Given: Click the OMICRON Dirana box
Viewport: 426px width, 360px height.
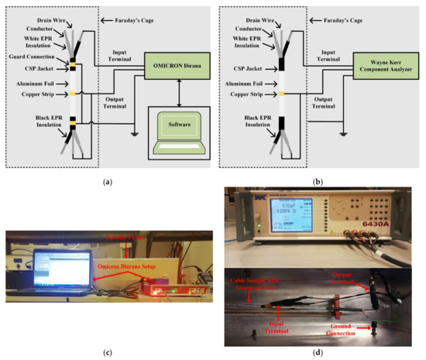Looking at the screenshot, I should click(x=171, y=76).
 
